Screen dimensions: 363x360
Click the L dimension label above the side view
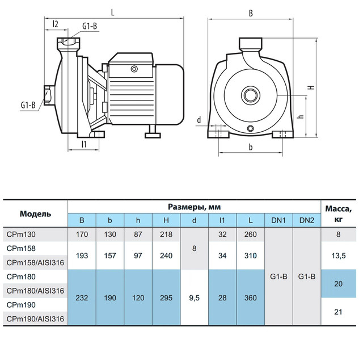[x=113, y=12]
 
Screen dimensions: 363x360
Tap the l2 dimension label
[x=56, y=24]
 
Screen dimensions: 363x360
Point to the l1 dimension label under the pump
[x=84, y=144]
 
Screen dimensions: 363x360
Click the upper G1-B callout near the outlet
[x=90, y=27]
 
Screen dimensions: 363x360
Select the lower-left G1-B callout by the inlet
[x=28, y=105]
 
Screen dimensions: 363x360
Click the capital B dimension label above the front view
[x=251, y=14]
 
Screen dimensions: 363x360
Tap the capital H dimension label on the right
[x=312, y=87]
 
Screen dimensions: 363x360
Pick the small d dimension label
[x=199, y=120]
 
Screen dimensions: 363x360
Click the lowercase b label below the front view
[x=251, y=147]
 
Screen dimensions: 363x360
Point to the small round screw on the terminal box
[x=134, y=69]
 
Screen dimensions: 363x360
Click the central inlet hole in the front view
[x=251, y=95]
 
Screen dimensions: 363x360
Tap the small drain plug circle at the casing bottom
[x=250, y=128]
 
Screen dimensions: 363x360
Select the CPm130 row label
[x=21, y=235]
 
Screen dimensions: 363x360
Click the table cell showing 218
[x=166, y=235]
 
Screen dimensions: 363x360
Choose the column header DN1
[x=278, y=220]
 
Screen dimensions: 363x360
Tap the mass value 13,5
[x=338, y=256]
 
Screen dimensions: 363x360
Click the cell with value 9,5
[x=194, y=298]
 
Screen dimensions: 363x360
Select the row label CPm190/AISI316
[x=35, y=319]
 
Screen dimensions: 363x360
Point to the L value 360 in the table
[x=251, y=298]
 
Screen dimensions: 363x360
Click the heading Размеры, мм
[x=194, y=207]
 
